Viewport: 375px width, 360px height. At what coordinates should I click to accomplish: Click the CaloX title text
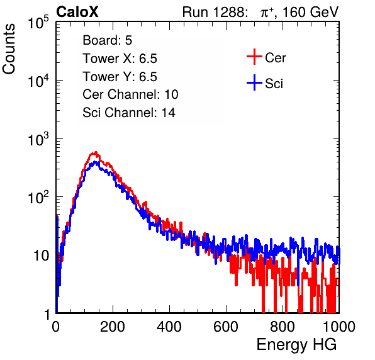[x=77, y=12]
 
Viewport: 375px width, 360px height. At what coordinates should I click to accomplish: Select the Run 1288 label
[x=215, y=12]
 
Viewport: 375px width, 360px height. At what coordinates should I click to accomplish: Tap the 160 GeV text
[x=310, y=12]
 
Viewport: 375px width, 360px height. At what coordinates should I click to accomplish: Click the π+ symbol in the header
[x=267, y=13]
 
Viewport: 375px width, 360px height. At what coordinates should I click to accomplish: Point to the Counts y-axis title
[x=9, y=49]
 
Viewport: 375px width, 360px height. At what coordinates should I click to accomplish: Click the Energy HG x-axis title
[x=296, y=344]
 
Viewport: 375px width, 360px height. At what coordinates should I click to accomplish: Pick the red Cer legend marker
[x=254, y=57]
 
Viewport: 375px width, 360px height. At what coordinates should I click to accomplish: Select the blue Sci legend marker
[x=254, y=83]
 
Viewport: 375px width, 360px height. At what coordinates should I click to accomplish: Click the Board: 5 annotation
[x=108, y=40]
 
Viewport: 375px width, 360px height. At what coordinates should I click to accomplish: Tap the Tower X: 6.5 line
[x=120, y=59]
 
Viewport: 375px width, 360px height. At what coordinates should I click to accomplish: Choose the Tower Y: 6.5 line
[x=120, y=77]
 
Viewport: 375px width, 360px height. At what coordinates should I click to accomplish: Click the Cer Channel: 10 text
[x=130, y=94]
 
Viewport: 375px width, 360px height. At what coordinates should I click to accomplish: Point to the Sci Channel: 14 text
[x=129, y=113]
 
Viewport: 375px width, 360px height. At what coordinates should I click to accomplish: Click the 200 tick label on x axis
[x=113, y=327]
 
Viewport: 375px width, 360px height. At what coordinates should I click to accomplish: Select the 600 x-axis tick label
[x=226, y=327]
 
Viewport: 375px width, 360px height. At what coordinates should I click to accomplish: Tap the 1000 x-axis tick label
[x=339, y=327]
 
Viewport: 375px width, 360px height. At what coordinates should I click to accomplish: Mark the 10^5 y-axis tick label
[x=38, y=22]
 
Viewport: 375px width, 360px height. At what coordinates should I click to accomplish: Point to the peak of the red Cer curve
[x=96, y=152]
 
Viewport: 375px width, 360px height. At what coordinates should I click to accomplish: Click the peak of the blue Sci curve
[x=96, y=162]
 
